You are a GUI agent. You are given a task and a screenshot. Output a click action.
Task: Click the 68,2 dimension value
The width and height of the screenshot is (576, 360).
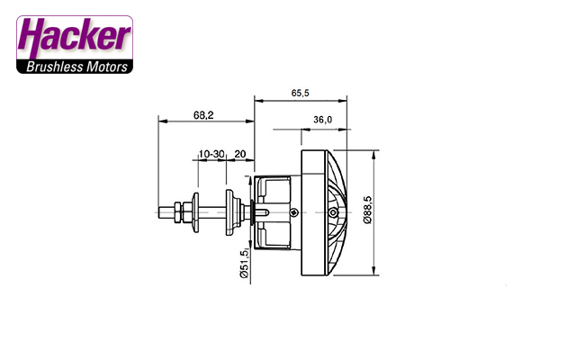point(203,115)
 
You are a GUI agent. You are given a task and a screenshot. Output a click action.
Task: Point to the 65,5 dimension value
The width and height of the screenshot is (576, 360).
point(300,93)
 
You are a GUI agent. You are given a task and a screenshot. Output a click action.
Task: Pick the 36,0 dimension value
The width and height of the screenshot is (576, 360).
point(322,120)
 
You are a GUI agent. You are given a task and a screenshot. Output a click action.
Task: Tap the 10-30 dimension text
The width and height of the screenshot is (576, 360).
point(211,154)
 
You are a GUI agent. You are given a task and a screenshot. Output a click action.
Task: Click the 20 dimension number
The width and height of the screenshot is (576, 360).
point(240,154)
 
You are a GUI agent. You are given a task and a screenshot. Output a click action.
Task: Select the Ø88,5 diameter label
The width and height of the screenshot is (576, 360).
point(367,210)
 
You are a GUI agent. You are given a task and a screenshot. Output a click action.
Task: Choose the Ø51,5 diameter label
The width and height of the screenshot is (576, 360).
point(244,264)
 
